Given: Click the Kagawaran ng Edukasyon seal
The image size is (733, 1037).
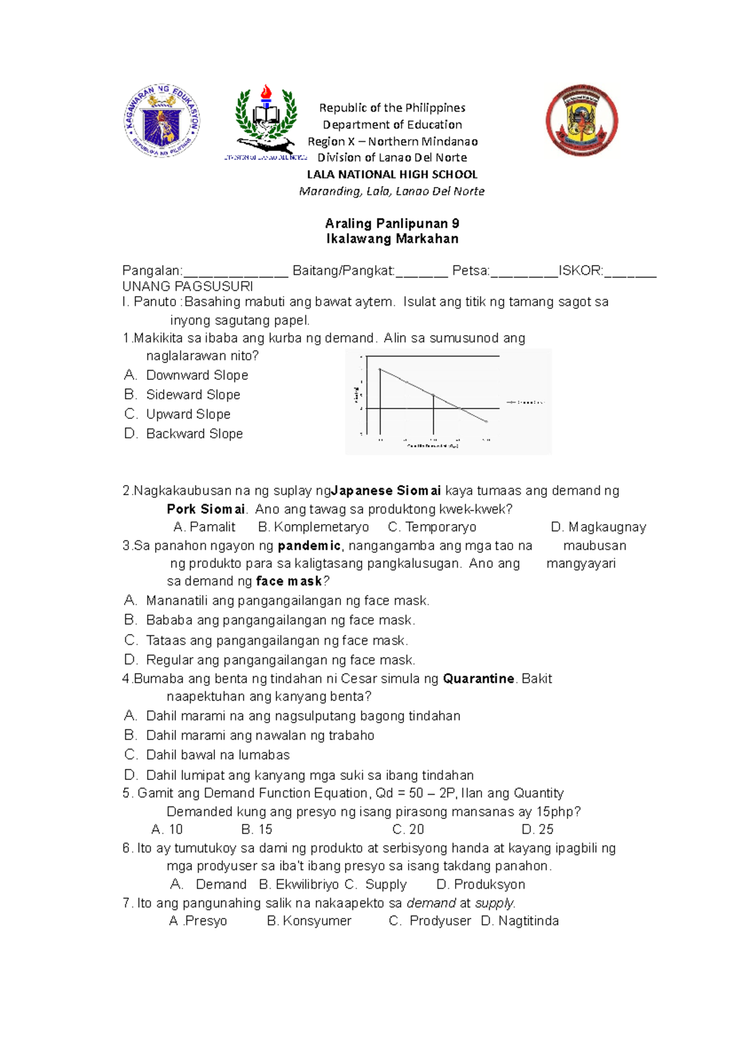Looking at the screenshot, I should pyautogui.click(x=162, y=120).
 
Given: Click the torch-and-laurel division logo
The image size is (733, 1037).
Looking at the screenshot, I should pyautogui.click(x=266, y=122).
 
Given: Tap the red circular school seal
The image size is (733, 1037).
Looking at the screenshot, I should pyautogui.click(x=582, y=121).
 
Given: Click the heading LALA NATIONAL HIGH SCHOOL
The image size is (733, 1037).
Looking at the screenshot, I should pyautogui.click(x=392, y=174).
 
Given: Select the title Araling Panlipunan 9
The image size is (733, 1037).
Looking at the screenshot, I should pyautogui.click(x=392, y=224).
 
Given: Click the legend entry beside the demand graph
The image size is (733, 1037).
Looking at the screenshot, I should pyautogui.click(x=525, y=402).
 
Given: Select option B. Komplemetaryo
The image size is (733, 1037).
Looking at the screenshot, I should pyautogui.click(x=313, y=527).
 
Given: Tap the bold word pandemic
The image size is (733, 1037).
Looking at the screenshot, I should pyautogui.click(x=309, y=545).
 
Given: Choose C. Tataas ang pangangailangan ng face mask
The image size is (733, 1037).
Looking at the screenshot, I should pyautogui.click(x=276, y=641).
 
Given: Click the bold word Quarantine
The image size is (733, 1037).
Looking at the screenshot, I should pyautogui.click(x=478, y=679).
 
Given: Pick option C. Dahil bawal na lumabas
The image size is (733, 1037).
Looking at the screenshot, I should pyautogui.click(x=217, y=755).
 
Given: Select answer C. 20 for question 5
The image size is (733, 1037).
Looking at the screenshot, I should pyautogui.click(x=408, y=829).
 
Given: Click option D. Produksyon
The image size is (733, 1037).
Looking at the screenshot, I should pyautogui.click(x=481, y=884).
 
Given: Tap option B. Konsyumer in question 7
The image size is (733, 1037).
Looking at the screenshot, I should pyautogui.click(x=309, y=921).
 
